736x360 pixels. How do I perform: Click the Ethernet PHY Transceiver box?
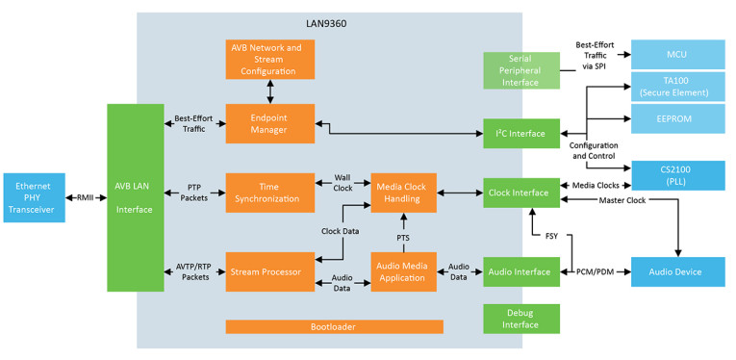[x=33, y=198]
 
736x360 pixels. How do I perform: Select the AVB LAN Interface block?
[x=135, y=198]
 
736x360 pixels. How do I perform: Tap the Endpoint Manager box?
[x=268, y=123]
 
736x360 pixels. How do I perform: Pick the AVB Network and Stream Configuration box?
[x=268, y=59]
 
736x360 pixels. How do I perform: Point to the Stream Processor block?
[x=268, y=272]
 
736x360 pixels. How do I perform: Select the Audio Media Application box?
[x=404, y=272]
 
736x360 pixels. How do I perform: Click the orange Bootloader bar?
[x=334, y=327]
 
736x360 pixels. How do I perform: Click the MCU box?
[x=676, y=54]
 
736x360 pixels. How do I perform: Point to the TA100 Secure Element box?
[x=676, y=87]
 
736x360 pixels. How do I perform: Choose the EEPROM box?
[x=676, y=118]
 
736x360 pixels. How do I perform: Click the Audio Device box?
[x=676, y=272]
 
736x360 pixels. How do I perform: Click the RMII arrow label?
[x=85, y=198]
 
